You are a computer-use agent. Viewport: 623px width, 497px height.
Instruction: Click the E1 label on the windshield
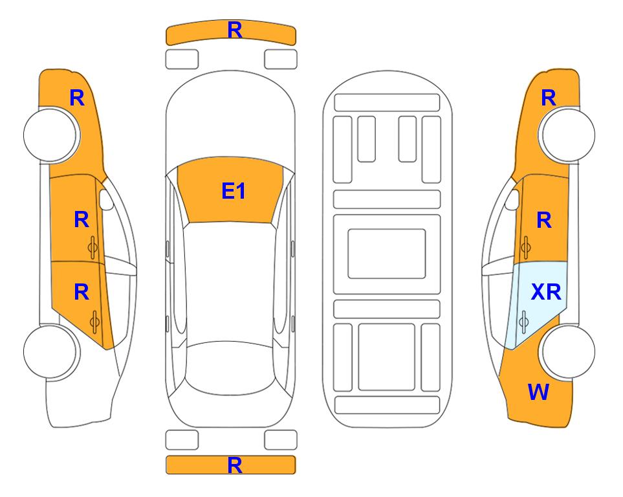[x=234, y=191]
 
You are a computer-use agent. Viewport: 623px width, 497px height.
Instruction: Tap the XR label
[x=546, y=293]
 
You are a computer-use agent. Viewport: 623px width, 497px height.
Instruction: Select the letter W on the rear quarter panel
[x=538, y=392]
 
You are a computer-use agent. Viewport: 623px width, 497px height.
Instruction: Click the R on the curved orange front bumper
[x=235, y=30]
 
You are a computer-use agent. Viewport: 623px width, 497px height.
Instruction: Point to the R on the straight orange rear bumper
[x=235, y=465]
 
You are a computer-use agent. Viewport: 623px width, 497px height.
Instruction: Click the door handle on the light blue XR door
[x=523, y=322]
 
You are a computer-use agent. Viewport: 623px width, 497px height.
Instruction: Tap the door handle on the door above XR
[x=525, y=247]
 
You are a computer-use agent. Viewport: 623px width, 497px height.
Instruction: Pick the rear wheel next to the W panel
[x=567, y=351]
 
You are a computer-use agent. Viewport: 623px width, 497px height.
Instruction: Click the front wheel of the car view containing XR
[x=567, y=135]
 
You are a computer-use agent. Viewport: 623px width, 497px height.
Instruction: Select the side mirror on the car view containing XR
[x=512, y=199]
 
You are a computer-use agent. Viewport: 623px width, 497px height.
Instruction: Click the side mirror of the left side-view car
[x=106, y=199]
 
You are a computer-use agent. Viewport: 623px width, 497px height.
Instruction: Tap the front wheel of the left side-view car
[x=52, y=135]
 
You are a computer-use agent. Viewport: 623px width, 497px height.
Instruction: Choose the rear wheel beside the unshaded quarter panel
[x=52, y=351]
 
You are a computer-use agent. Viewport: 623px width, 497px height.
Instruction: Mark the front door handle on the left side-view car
[x=93, y=247]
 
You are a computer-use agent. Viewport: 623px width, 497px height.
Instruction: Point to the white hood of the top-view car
[x=230, y=119]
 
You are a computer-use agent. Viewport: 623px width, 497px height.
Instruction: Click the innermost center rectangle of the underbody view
[x=387, y=254]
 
